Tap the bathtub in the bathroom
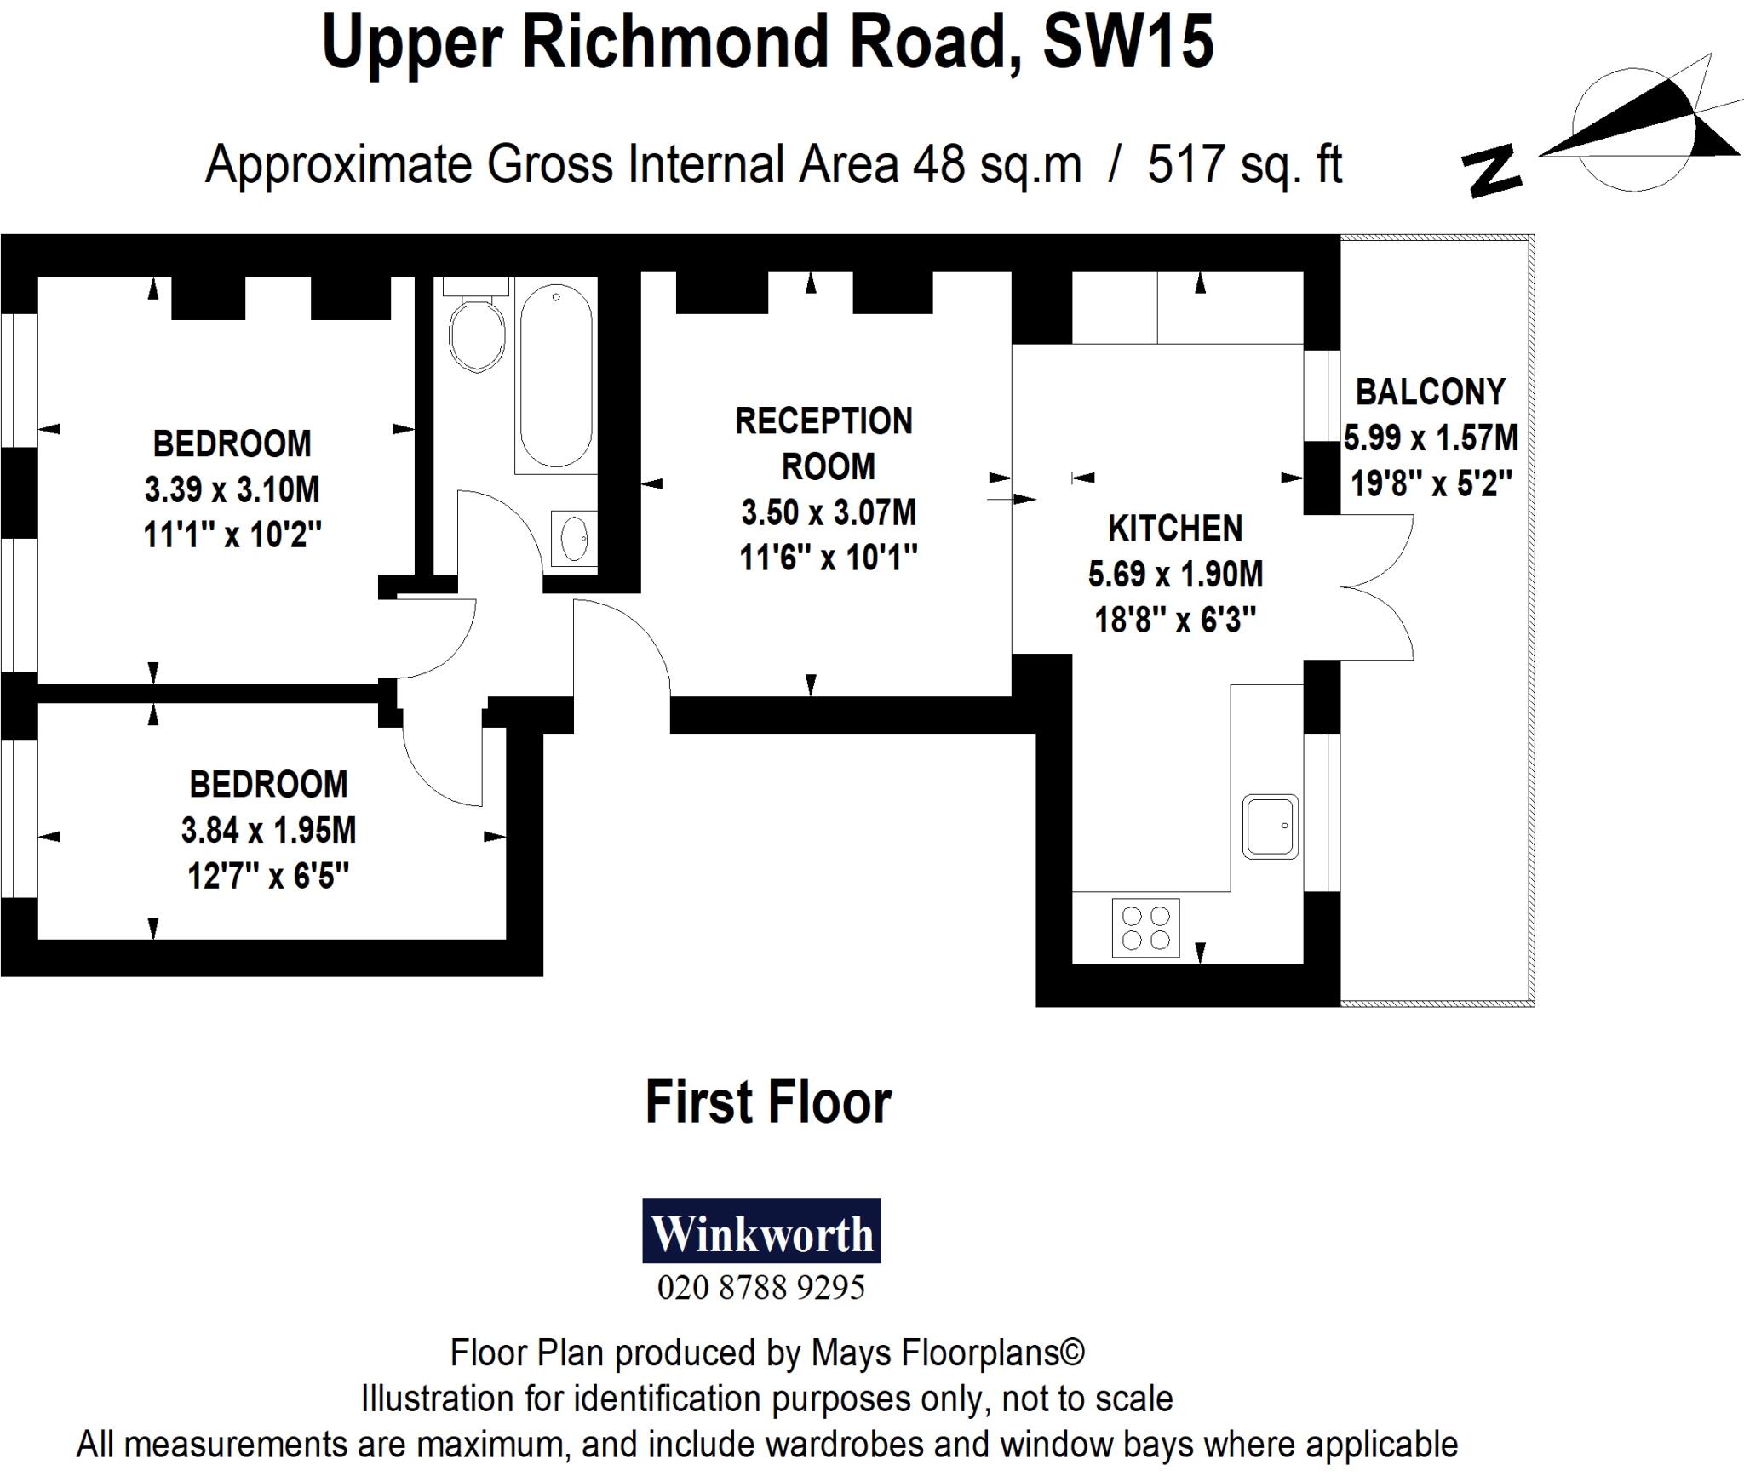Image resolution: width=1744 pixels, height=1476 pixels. [x=555, y=375]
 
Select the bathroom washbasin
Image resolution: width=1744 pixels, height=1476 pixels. [x=575, y=538]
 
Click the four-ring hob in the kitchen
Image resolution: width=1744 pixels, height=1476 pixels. [x=1145, y=928]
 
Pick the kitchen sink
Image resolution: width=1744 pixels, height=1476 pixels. [x=1270, y=826]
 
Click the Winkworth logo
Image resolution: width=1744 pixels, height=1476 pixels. [x=761, y=1231]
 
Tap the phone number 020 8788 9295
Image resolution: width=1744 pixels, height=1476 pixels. [x=761, y=1287]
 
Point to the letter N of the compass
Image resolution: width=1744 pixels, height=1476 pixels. [x=1492, y=174]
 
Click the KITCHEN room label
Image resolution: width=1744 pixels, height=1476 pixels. [x=1175, y=529]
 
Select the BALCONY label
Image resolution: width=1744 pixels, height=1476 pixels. [x=1431, y=392]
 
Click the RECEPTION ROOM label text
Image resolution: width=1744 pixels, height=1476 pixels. [x=824, y=443]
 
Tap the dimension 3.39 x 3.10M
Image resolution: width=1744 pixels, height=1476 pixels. [x=232, y=489]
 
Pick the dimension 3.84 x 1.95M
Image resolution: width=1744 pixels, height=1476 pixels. [x=268, y=830]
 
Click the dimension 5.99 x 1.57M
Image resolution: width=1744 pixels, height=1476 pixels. [x=1431, y=438]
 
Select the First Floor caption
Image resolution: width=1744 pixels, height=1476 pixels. [x=768, y=1102]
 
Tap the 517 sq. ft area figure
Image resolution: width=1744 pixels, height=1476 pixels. [x=1244, y=164]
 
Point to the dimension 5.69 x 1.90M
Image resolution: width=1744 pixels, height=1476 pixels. [x=1175, y=575]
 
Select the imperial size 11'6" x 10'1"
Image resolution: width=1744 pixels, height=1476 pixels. [x=828, y=558]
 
